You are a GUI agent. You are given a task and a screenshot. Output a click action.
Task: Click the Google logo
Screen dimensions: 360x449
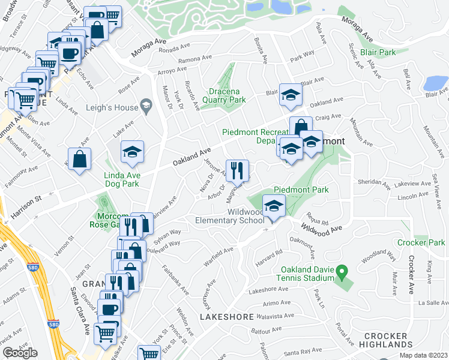coord(20,353)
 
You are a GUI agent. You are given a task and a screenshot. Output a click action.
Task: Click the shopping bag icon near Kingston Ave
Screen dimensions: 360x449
coord(79,159)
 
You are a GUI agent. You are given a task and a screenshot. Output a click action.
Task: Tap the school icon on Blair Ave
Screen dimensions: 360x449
coord(291,95)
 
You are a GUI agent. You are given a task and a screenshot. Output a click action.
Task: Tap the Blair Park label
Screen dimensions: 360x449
coord(378,52)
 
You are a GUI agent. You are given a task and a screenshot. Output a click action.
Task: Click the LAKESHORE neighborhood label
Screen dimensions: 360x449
coord(223,316)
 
